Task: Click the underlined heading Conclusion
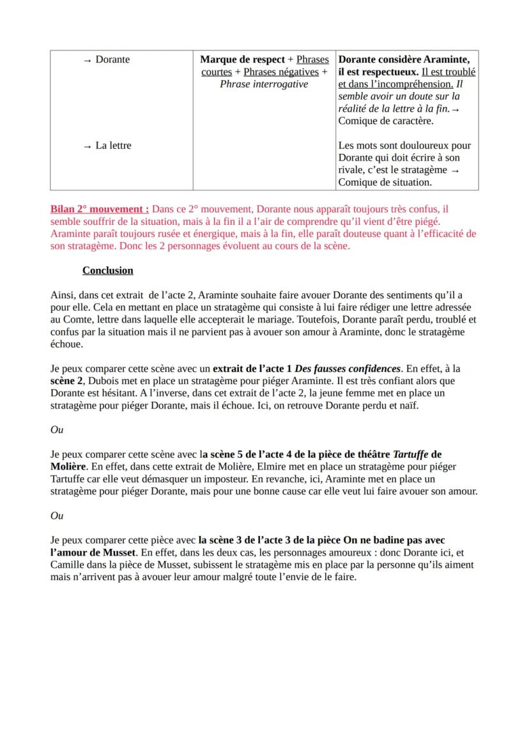tap(107, 270)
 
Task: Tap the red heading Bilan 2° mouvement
tap(100, 209)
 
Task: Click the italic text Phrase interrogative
tap(263, 84)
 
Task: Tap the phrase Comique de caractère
tap(385, 121)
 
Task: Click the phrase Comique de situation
tap(385, 182)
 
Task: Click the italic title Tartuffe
tap(410, 454)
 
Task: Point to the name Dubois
tap(93, 381)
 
